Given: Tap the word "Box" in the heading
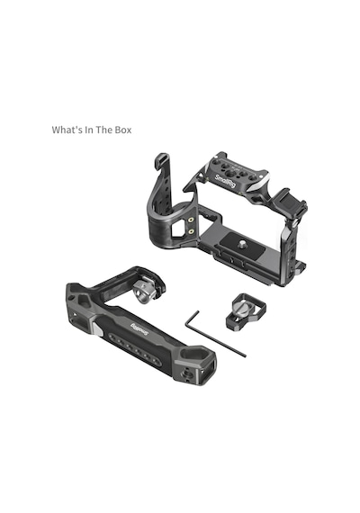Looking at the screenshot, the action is click(123, 130).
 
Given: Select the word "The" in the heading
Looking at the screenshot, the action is click(104, 130).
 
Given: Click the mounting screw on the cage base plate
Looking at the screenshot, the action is click(243, 243).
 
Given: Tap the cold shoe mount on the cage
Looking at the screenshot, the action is click(289, 202).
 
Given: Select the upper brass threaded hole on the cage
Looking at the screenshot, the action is click(192, 220).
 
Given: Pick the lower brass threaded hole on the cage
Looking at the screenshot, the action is click(192, 231).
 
